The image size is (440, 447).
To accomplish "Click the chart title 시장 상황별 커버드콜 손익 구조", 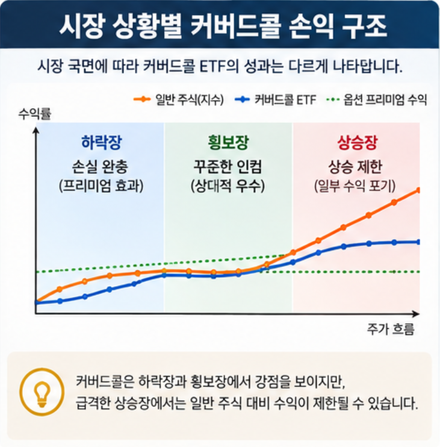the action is (223, 27).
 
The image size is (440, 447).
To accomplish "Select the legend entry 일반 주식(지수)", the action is (179, 99).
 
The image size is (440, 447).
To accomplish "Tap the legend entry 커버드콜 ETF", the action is (276, 99).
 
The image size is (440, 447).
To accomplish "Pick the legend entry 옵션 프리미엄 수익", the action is (376, 99).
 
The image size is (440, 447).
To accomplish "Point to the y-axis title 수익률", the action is (35, 114).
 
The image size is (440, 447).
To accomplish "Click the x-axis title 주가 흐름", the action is (391, 329).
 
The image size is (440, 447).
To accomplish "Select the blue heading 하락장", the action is (102, 142).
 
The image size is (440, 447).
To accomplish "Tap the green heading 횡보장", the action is (228, 142).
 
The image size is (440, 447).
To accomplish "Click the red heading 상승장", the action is (357, 142).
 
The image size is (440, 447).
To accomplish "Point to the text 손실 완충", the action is (100, 166).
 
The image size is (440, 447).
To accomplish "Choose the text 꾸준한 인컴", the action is (228, 166).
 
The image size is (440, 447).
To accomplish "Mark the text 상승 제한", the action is (355, 166).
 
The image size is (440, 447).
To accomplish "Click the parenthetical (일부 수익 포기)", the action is (355, 186).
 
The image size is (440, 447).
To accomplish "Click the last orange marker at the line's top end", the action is (418, 190).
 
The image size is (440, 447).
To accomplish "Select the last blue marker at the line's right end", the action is (418, 242).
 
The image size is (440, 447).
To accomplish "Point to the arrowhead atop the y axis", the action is (36, 130).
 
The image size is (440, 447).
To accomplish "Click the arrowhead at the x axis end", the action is (416, 314).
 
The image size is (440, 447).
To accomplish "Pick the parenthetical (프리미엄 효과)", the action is (101, 186).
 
